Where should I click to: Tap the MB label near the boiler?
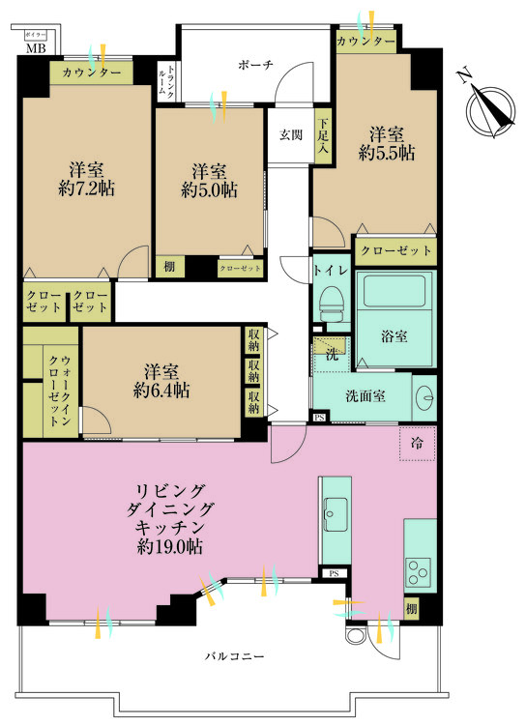[35, 47]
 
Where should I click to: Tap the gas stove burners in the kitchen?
[420, 571]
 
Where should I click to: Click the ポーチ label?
[256, 65]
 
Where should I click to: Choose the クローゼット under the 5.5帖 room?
[395, 250]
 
